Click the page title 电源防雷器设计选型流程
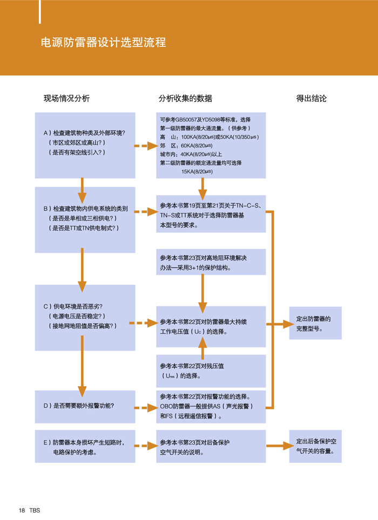click(x=104, y=43)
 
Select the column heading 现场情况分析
click(x=66, y=98)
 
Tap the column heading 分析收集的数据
click(x=185, y=98)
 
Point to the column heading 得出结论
click(x=311, y=98)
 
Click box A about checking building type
click(x=85, y=145)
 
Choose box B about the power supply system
click(x=85, y=219)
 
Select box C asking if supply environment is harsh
click(x=85, y=317)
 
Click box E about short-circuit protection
click(x=85, y=446)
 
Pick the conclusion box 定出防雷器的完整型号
click(x=315, y=323)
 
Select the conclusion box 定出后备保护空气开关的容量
click(x=315, y=446)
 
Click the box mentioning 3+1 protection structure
click(x=211, y=262)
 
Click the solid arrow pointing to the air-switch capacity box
click(x=279, y=446)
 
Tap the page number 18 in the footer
click(x=22, y=510)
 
